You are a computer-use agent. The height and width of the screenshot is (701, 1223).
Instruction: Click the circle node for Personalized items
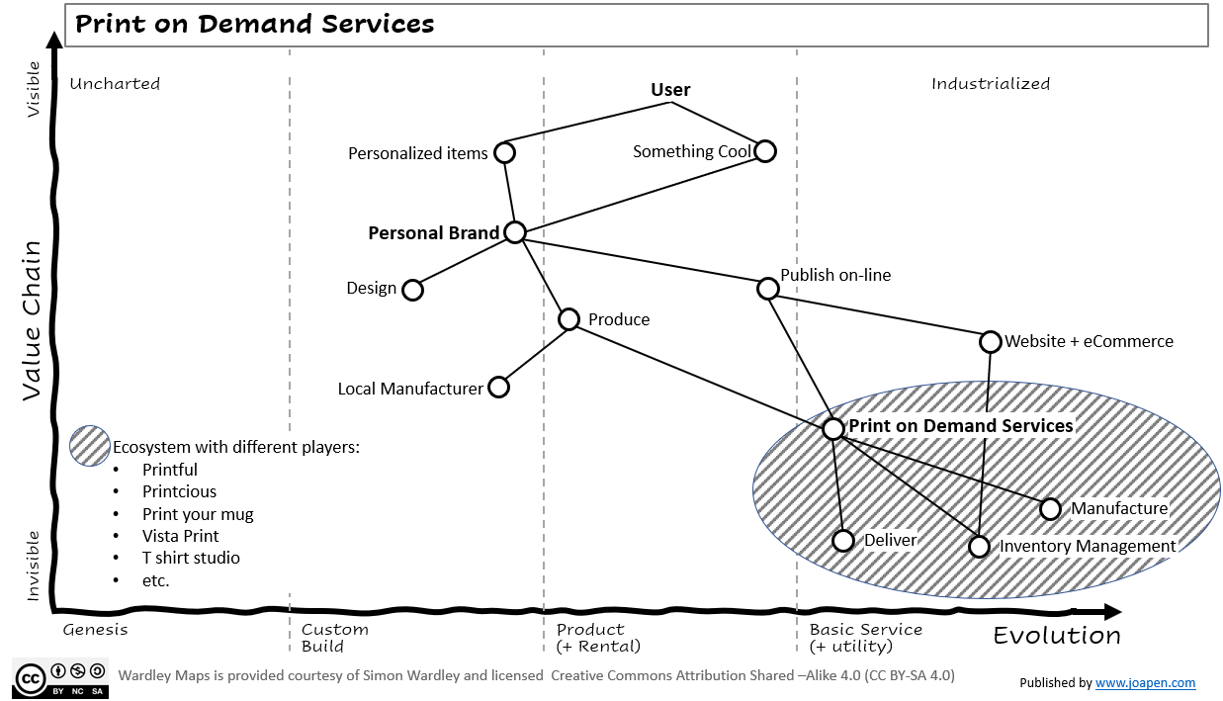(504, 152)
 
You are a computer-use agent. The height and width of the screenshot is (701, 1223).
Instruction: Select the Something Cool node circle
(764, 151)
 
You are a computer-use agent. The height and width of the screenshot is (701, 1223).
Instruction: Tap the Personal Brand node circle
(515, 232)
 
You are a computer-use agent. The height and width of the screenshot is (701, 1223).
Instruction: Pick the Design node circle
(413, 290)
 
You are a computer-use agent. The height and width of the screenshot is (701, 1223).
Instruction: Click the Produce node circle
(568, 319)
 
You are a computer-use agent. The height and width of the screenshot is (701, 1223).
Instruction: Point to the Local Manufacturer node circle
(499, 387)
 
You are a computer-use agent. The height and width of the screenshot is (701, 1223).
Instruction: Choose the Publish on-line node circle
(767, 289)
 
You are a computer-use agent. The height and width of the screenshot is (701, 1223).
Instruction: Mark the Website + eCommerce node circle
(991, 342)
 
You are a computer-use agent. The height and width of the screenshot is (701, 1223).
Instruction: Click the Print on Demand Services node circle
(833, 428)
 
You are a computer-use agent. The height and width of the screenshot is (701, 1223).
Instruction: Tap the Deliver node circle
(842, 541)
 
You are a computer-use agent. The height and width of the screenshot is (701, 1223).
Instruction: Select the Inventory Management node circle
(979, 546)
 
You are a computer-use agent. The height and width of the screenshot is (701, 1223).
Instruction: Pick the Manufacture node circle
(1050, 509)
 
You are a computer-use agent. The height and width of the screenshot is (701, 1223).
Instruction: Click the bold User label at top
(670, 90)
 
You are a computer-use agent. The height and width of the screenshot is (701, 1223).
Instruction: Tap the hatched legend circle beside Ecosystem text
(90, 446)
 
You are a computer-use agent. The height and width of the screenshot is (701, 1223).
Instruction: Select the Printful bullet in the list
(169, 470)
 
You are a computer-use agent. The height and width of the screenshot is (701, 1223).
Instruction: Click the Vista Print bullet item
(180, 536)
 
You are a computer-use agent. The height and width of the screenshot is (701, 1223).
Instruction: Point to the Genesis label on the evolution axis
(95, 630)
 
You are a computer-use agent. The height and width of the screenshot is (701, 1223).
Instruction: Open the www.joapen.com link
(1145, 682)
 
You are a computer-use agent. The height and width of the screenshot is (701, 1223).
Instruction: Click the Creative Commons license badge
(60, 677)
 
